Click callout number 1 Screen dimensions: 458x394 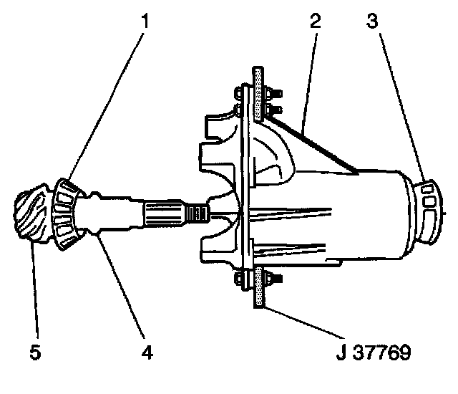tap(146, 19)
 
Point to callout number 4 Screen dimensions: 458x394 tap(146, 352)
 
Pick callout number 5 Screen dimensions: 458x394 tap(34, 352)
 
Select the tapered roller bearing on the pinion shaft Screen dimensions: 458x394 tap(70, 214)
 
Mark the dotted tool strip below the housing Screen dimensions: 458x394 tap(258, 290)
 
